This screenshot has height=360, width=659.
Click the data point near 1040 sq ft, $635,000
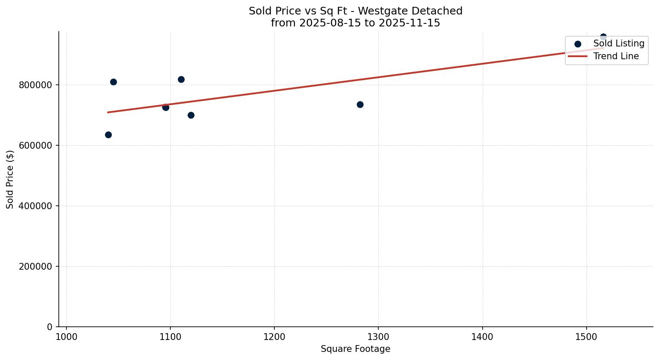108,135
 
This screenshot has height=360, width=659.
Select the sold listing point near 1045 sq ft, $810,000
113,82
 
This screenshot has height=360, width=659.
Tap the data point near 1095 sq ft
166,107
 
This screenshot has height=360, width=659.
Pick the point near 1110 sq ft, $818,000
181,79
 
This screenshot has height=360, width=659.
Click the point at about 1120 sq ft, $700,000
191,115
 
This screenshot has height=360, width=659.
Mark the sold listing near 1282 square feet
360,104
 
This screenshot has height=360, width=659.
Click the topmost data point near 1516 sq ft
603,37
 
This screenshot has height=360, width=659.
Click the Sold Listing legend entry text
619,43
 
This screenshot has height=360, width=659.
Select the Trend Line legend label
616,56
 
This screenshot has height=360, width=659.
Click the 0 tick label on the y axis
49,327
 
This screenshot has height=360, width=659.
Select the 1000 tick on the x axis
66,336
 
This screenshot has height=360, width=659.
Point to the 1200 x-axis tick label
274,336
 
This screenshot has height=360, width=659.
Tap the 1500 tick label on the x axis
587,336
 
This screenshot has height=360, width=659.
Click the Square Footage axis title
355,349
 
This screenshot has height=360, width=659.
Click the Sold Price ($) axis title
10,179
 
